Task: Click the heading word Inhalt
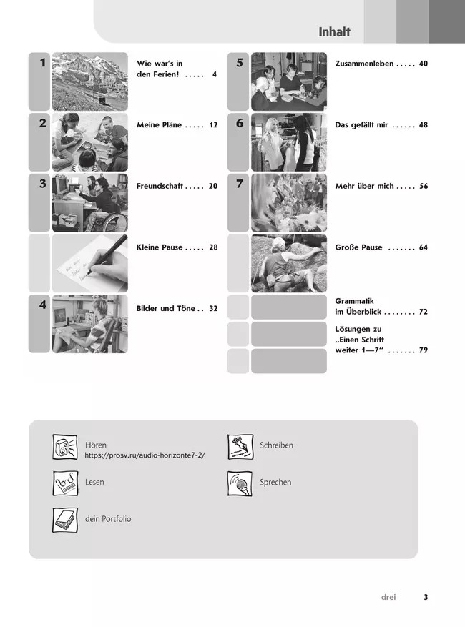click(334, 32)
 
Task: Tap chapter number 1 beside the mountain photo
click(42, 63)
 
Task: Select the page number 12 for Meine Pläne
click(213, 124)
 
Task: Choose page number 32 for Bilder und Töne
click(213, 309)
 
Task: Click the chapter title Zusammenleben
click(363, 64)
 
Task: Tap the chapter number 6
click(239, 124)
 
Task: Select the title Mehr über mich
click(364, 186)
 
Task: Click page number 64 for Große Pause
click(424, 247)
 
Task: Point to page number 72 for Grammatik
click(424, 312)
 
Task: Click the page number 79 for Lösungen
click(424, 350)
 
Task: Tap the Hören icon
click(64, 448)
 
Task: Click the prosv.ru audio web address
click(145, 455)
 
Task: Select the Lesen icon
click(64, 483)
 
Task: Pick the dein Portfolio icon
click(64, 520)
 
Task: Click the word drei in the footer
click(388, 597)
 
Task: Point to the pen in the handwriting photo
click(108, 252)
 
